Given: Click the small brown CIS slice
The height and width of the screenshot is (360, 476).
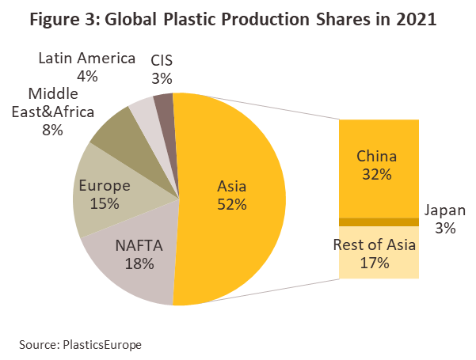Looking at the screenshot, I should (163, 103).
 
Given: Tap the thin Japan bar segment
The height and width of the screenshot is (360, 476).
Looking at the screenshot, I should (379, 222).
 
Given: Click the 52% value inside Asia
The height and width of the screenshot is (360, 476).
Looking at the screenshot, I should (232, 205).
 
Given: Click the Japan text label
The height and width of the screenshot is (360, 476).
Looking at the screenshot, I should (444, 210).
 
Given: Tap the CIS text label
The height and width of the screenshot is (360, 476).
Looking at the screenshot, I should (163, 60).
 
